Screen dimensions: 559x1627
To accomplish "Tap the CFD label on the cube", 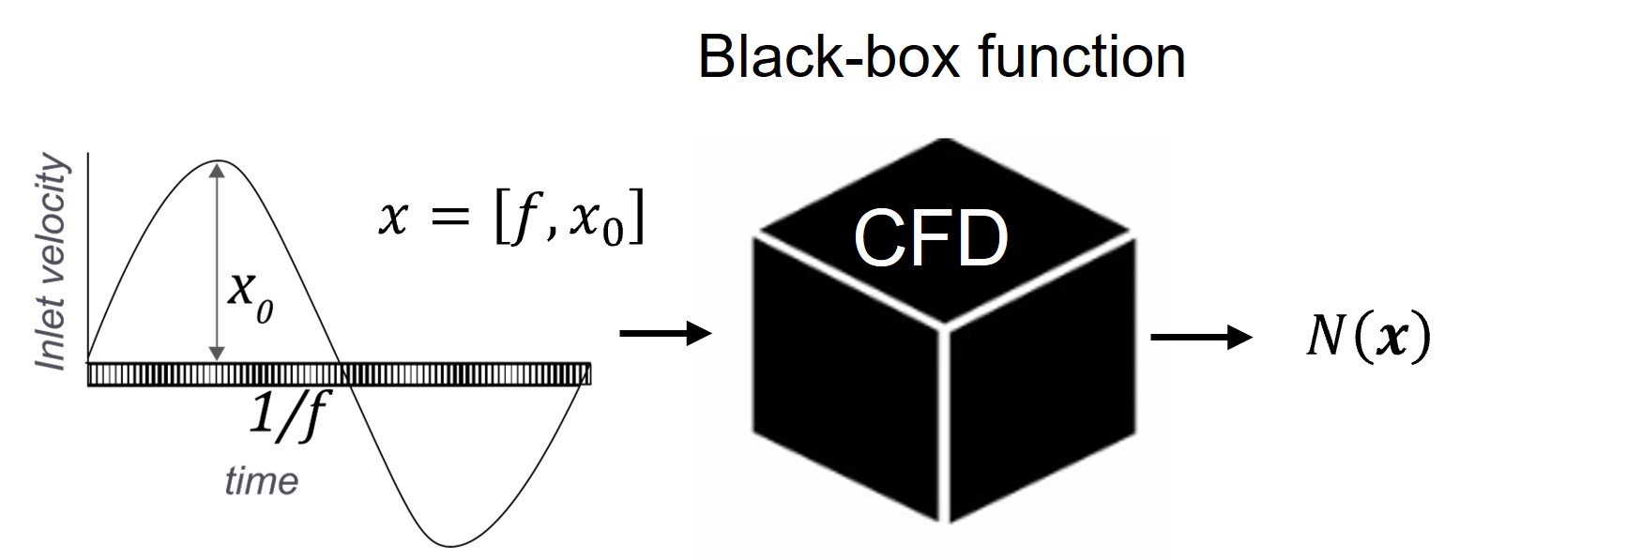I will tap(930, 238).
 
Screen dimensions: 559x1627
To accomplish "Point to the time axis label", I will tap(261, 481).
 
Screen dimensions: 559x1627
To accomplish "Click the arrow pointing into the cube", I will tap(666, 332).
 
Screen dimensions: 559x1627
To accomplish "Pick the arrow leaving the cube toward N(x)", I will tap(1200, 338).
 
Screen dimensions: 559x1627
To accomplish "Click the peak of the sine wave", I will tap(218, 161).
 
